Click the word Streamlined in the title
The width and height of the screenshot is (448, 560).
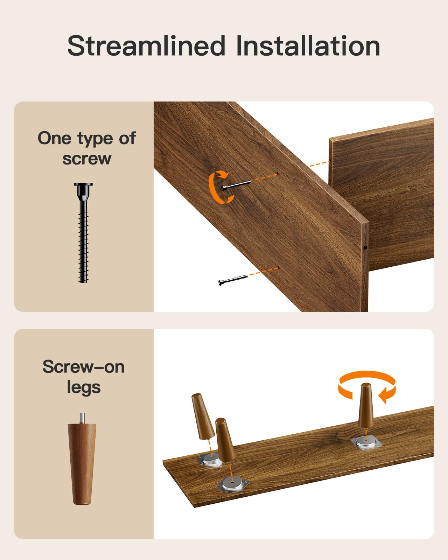click(146, 46)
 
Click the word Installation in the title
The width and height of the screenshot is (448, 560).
click(308, 46)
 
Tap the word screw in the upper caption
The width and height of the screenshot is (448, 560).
click(87, 159)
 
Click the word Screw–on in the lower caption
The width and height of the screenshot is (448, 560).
click(84, 367)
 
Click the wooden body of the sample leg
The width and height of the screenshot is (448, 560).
click(82, 464)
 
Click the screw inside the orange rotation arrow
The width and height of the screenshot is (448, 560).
click(236, 185)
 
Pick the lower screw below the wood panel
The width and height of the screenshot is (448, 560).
click(233, 280)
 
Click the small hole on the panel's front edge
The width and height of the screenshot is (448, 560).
click(365, 247)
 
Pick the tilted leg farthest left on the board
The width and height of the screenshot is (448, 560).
click(203, 416)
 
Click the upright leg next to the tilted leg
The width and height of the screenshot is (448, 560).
click(225, 440)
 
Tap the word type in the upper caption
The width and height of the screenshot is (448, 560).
click(96, 139)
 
